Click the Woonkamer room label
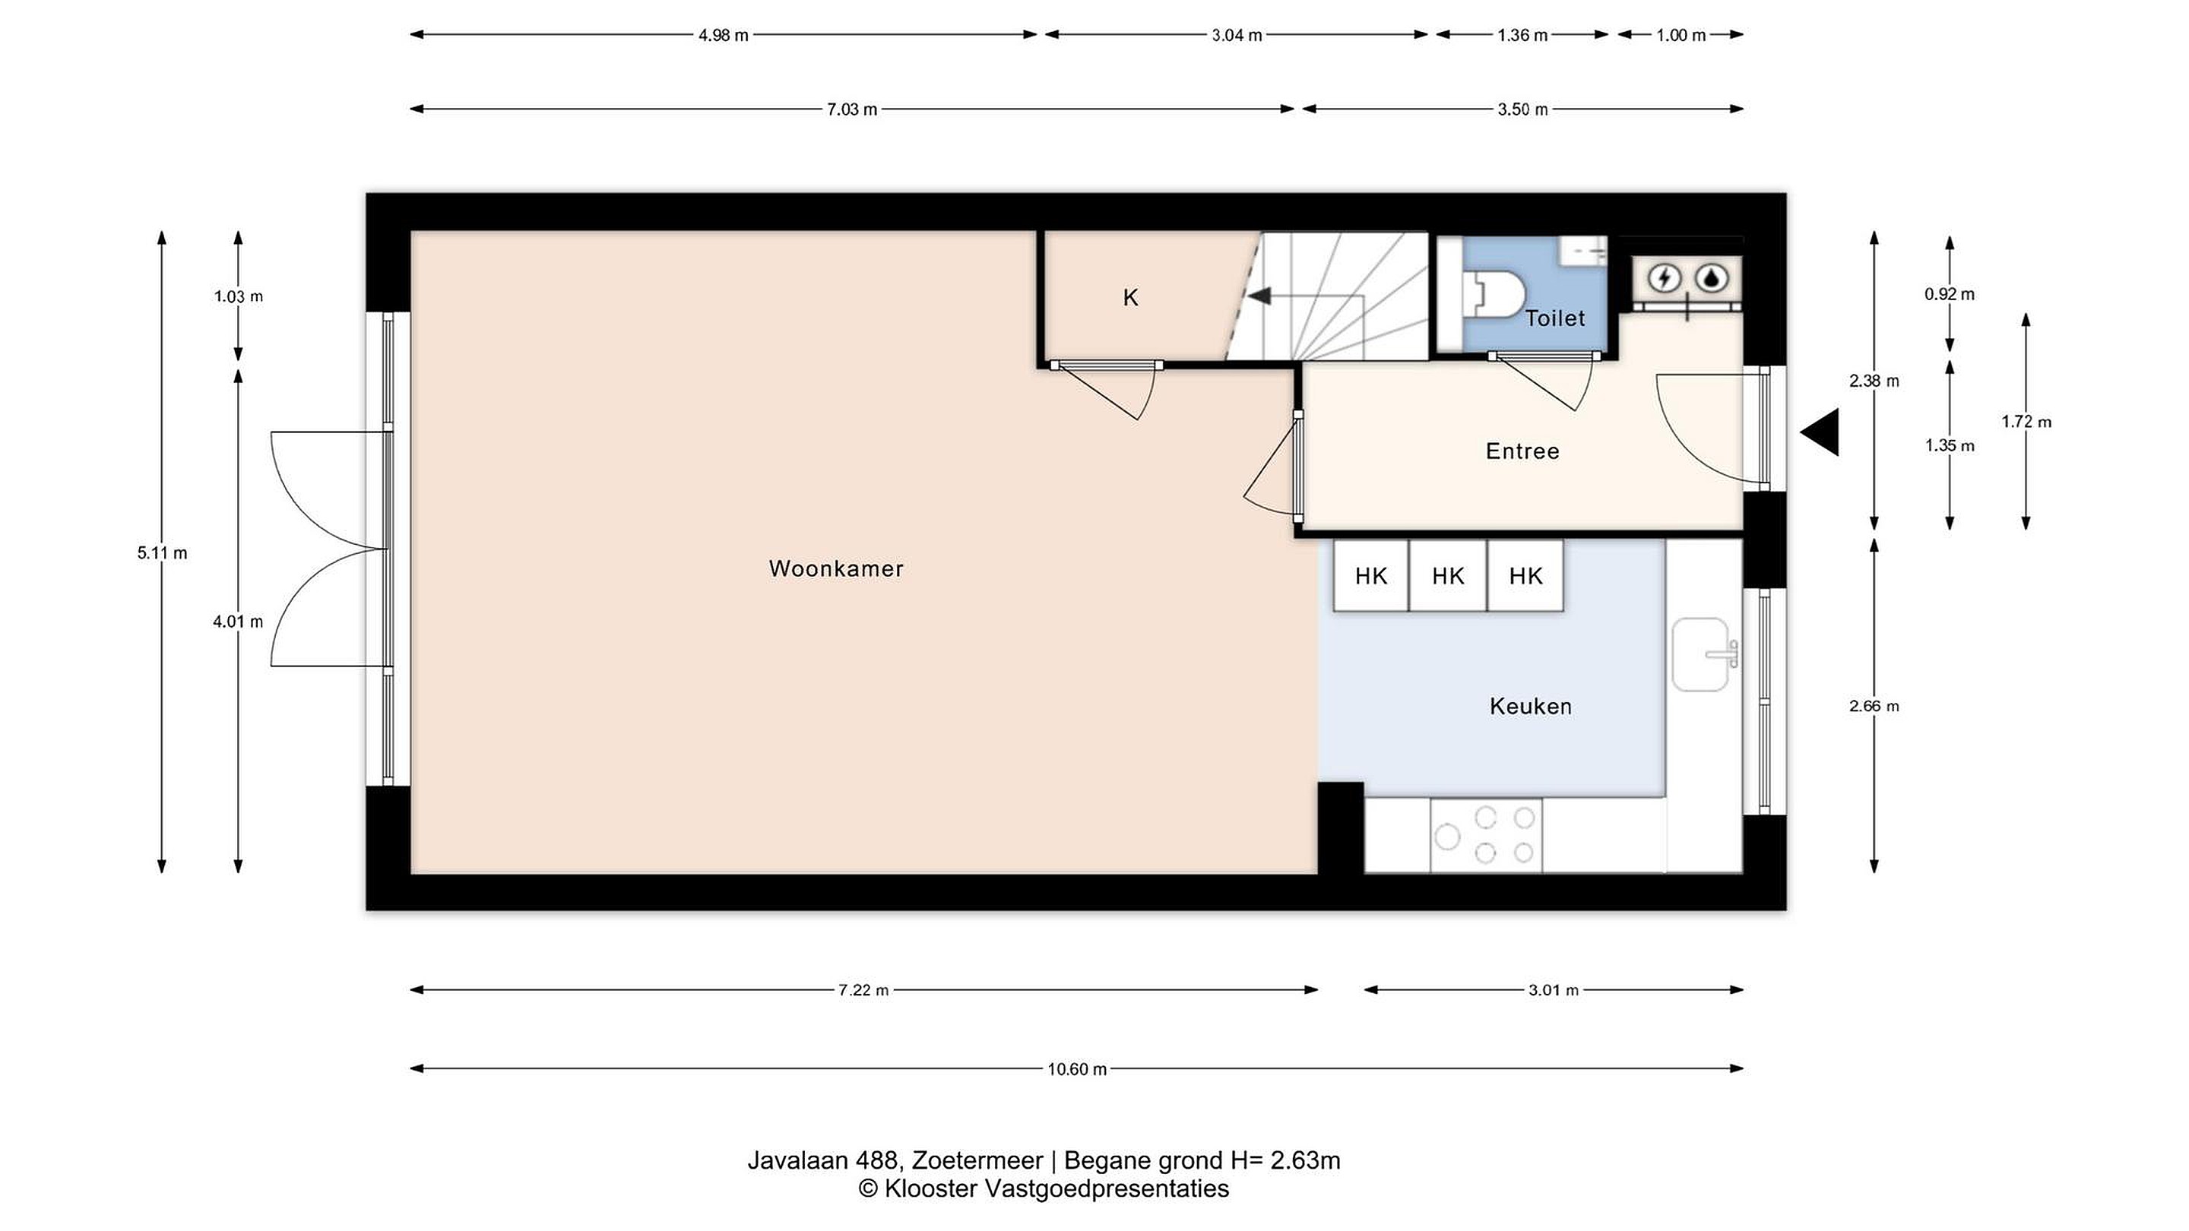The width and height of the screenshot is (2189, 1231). [836, 568]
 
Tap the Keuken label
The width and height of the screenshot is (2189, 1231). [1531, 706]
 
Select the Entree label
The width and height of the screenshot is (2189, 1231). [1522, 451]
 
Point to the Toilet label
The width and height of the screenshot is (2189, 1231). [1555, 318]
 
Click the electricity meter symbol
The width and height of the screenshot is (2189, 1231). [1664, 278]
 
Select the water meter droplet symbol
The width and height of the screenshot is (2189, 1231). [1712, 278]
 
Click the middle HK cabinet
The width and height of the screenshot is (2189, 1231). [1448, 576]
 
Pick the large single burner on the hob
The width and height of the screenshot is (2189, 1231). [1448, 837]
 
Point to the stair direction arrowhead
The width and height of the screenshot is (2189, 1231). [1259, 296]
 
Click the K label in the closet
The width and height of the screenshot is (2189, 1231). [1130, 297]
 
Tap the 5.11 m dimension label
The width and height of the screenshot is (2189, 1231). [163, 553]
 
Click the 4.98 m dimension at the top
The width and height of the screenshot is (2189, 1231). [723, 36]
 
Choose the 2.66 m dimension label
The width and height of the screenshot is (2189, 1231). [1874, 706]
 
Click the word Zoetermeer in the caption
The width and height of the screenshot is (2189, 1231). [977, 1160]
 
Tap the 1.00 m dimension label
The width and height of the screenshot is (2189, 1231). [1681, 36]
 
